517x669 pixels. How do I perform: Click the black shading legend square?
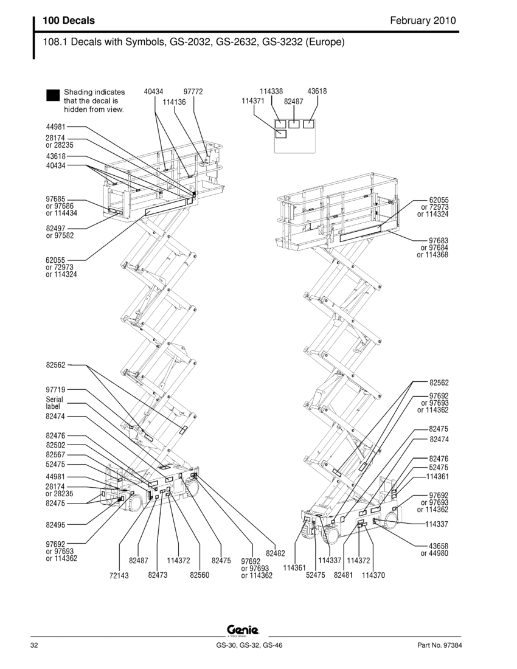click(53, 95)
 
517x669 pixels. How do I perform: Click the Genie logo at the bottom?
click(243, 629)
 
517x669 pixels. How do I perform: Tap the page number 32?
click(34, 645)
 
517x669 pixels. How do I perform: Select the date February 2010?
click(423, 21)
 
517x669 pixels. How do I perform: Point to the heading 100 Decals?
click(69, 21)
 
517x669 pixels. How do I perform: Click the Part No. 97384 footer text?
click(439, 645)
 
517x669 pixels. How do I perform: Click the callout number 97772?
click(193, 91)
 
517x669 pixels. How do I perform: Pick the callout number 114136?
click(174, 102)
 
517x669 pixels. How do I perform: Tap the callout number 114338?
click(271, 91)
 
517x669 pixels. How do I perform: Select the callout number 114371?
click(253, 101)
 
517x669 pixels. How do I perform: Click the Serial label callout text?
click(54, 403)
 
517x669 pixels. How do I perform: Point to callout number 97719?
click(55, 389)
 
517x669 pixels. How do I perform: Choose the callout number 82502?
click(55, 445)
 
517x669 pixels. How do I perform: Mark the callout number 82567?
click(55, 455)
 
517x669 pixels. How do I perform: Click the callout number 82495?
click(55, 525)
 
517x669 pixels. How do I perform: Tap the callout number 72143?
click(119, 575)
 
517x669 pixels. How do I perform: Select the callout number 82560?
click(200, 575)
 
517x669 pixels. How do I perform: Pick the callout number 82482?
click(275, 553)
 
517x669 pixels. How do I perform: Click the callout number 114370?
click(373, 575)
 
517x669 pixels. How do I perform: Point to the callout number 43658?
click(439, 546)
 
